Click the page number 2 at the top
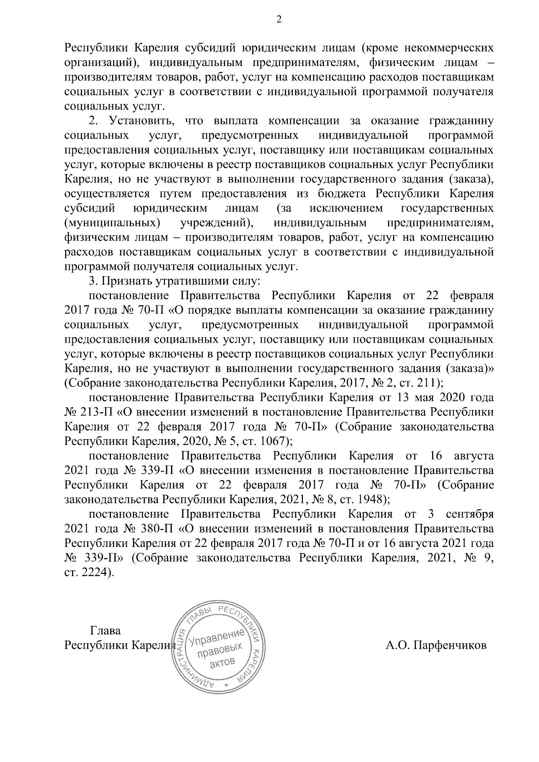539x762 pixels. pos(278,18)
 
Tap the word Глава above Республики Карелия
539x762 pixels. pos(106,630)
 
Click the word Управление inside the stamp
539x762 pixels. pos(216,637)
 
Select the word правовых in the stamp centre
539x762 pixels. pos(220,650)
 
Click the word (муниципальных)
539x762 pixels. pos(113,223)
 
